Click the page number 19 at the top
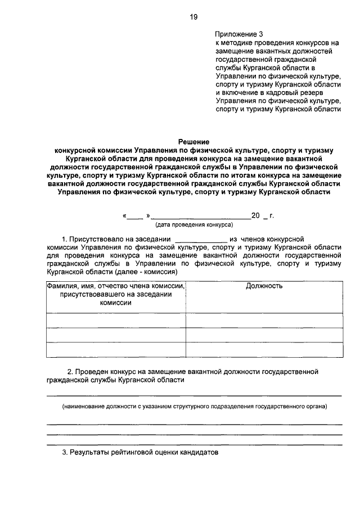[193, 17]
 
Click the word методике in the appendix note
[236, 42]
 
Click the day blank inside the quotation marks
[134, 217]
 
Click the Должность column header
[264, 286]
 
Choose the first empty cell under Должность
[264, 320]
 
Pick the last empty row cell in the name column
[116, 349]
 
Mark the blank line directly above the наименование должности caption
[194, 395]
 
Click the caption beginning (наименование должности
[194, 406]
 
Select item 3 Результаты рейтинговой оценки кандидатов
[139, 452]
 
